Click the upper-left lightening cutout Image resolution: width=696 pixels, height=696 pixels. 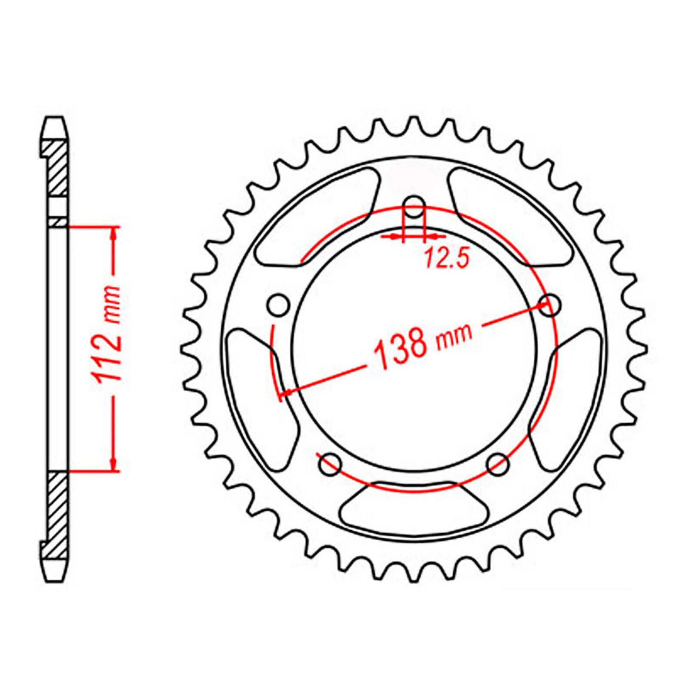pos(318,217)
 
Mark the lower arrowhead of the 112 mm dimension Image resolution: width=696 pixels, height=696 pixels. pos(114,464)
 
